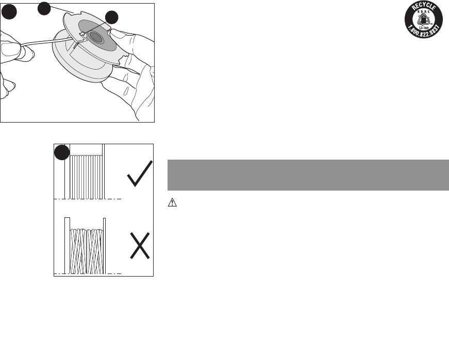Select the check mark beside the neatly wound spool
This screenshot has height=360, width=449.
pyautogui.click(x=139, y=174)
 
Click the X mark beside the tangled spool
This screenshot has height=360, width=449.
pyautogui.click(x=139, y=246)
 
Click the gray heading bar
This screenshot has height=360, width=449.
pyautogui.click(x=308, y=175)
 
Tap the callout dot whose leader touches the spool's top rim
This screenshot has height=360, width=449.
pyautogui.click(x=44, y=8)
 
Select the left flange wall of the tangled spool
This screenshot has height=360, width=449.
pyautogui.click(x=66, y=245)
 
